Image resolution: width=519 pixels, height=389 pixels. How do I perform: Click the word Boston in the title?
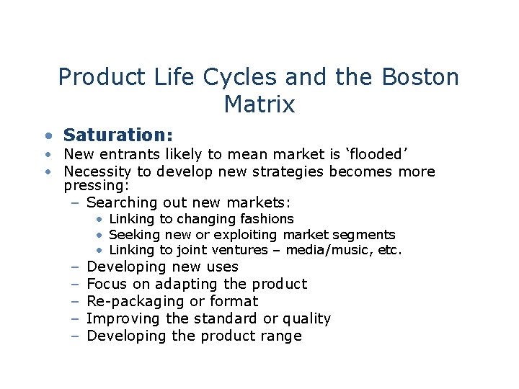tap(419, 77)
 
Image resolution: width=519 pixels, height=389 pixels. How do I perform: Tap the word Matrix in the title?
tap(259, 104)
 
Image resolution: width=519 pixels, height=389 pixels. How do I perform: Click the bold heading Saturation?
tap(118, 135)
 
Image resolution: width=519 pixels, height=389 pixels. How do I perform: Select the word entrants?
tap(130, 154)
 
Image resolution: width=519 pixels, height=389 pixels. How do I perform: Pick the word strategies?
tap(291, 171)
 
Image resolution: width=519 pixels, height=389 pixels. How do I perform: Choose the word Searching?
tap(120, 203)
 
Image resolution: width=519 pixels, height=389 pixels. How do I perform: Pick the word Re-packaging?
tap(136, 301)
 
